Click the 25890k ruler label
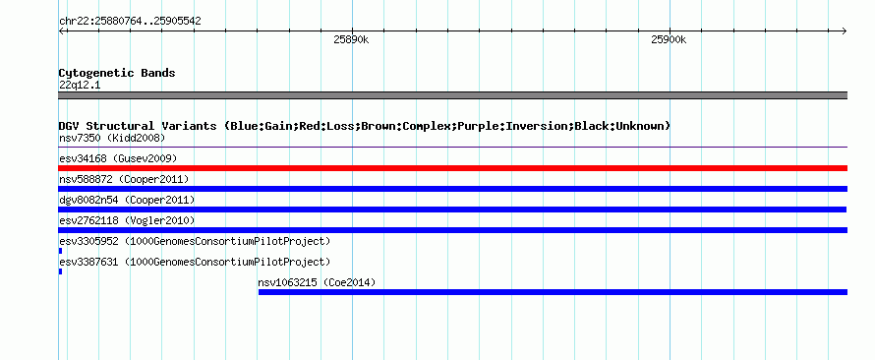pyautogui.click(x=352, y=39)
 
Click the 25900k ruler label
pyautogui.click(x=669, y=39)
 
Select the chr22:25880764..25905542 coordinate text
pyautogui.click(x=130, y=22)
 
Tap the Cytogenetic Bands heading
pyautogui.click(x=117, y=73)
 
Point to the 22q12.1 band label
pyautogui.click(x=80, y=86)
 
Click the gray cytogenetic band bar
pyautogui.click(x=452, y=95)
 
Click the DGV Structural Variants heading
pyautogui.click(x=364, y=126)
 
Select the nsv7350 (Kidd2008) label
pyautogui.click(x=112, y=138)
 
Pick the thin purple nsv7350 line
pyautogui.click(x=452, y=148)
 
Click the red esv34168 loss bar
pyautogui.click(x=452, y=168)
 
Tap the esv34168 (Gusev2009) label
pyautogui.click(x=118, y=158)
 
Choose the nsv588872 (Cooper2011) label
pyautogui.click(x=124, y=179)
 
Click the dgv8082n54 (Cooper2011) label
pyautogui.click(x=127, y=200)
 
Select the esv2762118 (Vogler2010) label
pyautogui.click(x=127, y=220)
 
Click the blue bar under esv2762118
pyautogui.click(x=452, y=230)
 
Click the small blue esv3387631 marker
pyautogui.click(x=60, y=271)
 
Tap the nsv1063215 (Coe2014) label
pyautogui.click(x=317, y=282)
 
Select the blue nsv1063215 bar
pyautogui.click(x=553, y=292)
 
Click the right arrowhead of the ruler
pyautogui.click(x=846, y=30)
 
